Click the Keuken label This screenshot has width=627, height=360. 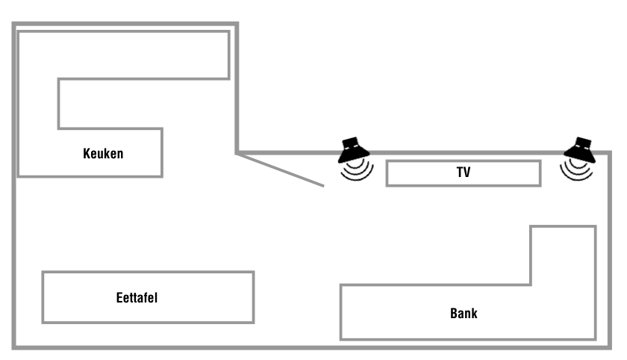click(x=103, y=155)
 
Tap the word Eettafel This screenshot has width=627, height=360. click(x=137, y=298)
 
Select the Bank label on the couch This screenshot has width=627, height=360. click(x=464, y=313)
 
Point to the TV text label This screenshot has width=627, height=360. click(x=464, y=173)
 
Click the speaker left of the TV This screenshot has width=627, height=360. click(x=353, y=151)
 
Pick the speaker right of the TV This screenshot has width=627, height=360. click(x=579, y=151)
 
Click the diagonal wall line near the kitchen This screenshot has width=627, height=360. click(x=281, y=170)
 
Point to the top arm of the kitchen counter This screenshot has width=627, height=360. click(x=123, y=55)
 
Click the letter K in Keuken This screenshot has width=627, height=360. click(x=87, y=155)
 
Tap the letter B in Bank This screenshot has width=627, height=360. click(x=454, y=313)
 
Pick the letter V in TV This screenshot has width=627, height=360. click(x=467, y=173)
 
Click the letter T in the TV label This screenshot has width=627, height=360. click(x=460, y=173)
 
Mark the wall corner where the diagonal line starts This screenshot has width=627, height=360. click(x=237, y=153)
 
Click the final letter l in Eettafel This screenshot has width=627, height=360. click(x=156, y=298)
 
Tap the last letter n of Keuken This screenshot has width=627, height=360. click(x=119, y=155)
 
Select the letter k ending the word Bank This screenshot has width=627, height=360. click(x=475, y=313)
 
